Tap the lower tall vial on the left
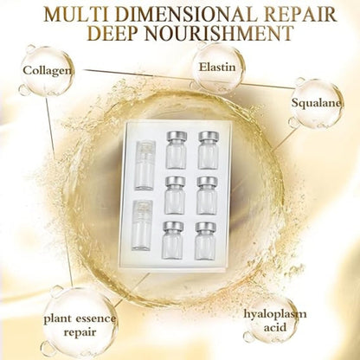pos(142,227)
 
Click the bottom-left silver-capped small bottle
pos(174,239)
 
